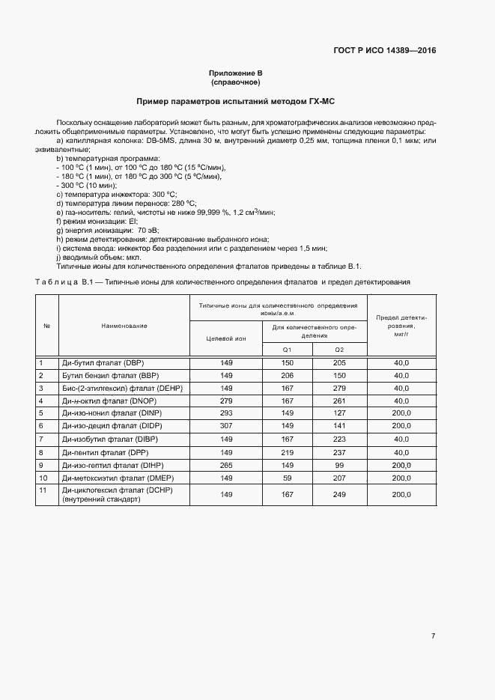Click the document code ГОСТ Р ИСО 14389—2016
pyautogui.click(x=384, y=51)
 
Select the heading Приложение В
pyautogui.click(x=235, y=73)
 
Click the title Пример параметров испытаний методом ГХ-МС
pyautogui.click(x=236, y=100)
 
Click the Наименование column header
pyautogui.click(x=124, y=326)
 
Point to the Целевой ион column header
pyautogui.click(x=226, y=338)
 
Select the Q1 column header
pyautogui.click(x=287, y=350)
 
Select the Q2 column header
pyautogui.click(x=339, y=350)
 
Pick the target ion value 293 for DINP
pyautogui.click(x=226, y=413)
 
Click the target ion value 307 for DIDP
pyautogui.click(x=226, y=426)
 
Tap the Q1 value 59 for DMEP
pyautogui.click(x=287, y=477)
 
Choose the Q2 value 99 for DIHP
pyautogui.click(x=339, y=464)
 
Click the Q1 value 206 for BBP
pyautogui.click(x=287, y=375)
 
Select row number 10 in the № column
pyautogui.click(x=43, y=477)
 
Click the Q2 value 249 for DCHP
pyautogui.click(x=339, y=494)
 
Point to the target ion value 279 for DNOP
pyautogui.click(x=226, y=401)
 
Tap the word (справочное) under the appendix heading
pyautogui.click(x=235, y=82)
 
